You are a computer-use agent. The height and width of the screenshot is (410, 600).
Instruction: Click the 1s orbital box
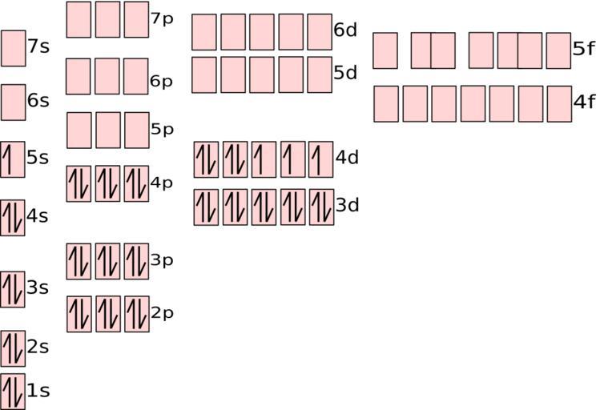(x=13, y=392)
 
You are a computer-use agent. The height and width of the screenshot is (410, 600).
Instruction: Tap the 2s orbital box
(x=13, y=348)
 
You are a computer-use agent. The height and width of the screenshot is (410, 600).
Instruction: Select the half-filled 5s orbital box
(x=13, y=159)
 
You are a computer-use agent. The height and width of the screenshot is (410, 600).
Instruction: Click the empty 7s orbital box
(x=13, y=48)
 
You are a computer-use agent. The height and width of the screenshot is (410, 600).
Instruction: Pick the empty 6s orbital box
(x=13, y=102)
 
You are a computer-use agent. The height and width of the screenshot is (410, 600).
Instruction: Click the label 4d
(x=347, y=158)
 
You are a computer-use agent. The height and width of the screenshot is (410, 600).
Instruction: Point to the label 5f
(x=584, y=50)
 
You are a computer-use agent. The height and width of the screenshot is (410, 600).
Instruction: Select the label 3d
(x=347, y=206)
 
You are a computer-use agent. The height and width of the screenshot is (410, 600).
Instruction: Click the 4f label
(x=584, y=102)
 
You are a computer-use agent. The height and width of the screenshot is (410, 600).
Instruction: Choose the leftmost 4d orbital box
(x=206, y=159)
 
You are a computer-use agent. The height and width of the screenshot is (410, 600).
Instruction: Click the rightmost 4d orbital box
(x=320, y=159)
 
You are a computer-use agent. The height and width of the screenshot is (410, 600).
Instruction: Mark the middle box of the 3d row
(x=264, y=207)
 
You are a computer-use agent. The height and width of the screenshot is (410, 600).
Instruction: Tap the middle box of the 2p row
(x=107, y=314)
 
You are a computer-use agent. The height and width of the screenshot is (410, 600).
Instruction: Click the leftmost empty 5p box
(x=79, y=131)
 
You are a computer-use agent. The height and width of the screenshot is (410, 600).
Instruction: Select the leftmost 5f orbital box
(x=385, y=50)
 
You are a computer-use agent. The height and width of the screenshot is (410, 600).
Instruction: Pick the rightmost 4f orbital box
(x=559, y=104)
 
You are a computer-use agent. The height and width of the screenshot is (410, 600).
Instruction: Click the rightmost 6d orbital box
(x=320, y=32)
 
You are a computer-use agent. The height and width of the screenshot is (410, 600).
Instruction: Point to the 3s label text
(x=38, y=287)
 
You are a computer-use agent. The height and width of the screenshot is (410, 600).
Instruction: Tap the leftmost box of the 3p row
(x=79, y=261)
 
